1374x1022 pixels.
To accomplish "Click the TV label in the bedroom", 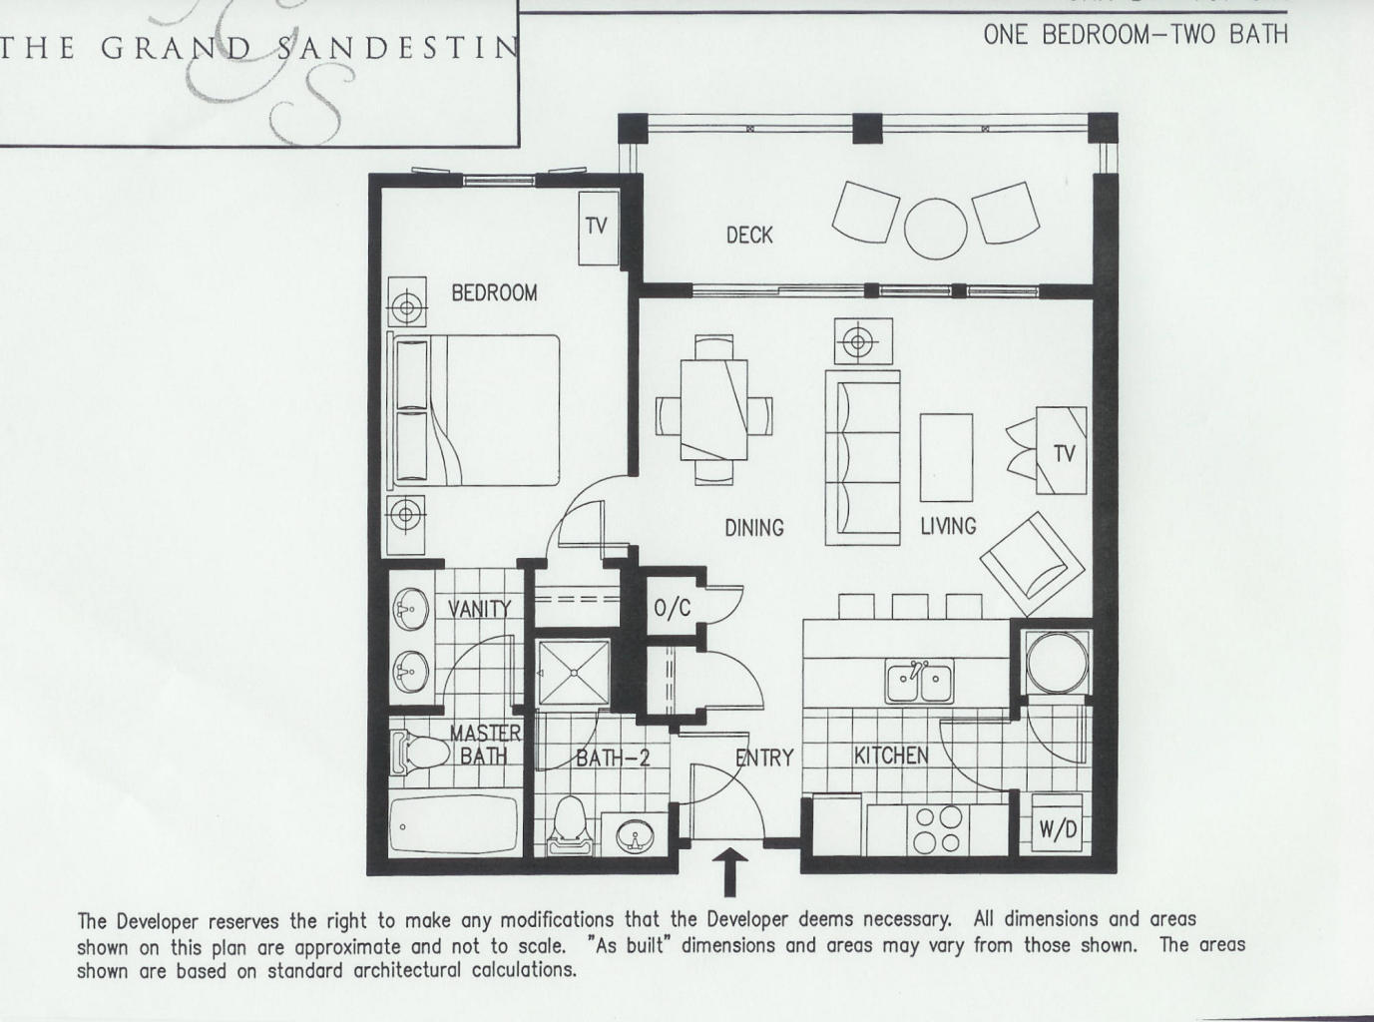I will (x=596, y=226).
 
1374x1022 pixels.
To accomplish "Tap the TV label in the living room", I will (x=1064, y=453).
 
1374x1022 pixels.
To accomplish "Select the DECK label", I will (x=749, y=235).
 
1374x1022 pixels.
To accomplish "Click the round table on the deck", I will (x=935, y=229).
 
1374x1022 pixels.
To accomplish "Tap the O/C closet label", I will (x=672, y=608).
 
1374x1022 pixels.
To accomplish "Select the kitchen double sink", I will (x=919, y=683).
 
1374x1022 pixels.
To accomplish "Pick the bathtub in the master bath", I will (x=454, y=825).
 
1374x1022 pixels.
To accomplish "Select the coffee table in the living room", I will (x=946, y=457).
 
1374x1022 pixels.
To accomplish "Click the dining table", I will (x=713, y=408).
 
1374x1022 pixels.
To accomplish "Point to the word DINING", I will (x=753, y=527).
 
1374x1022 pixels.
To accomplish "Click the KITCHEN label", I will (x=890, y=756).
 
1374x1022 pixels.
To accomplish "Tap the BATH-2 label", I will (x=613, y=759).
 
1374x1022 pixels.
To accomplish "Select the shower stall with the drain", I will (x=573, y=673).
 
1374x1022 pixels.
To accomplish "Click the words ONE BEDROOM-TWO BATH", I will (x=1135, y=34).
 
